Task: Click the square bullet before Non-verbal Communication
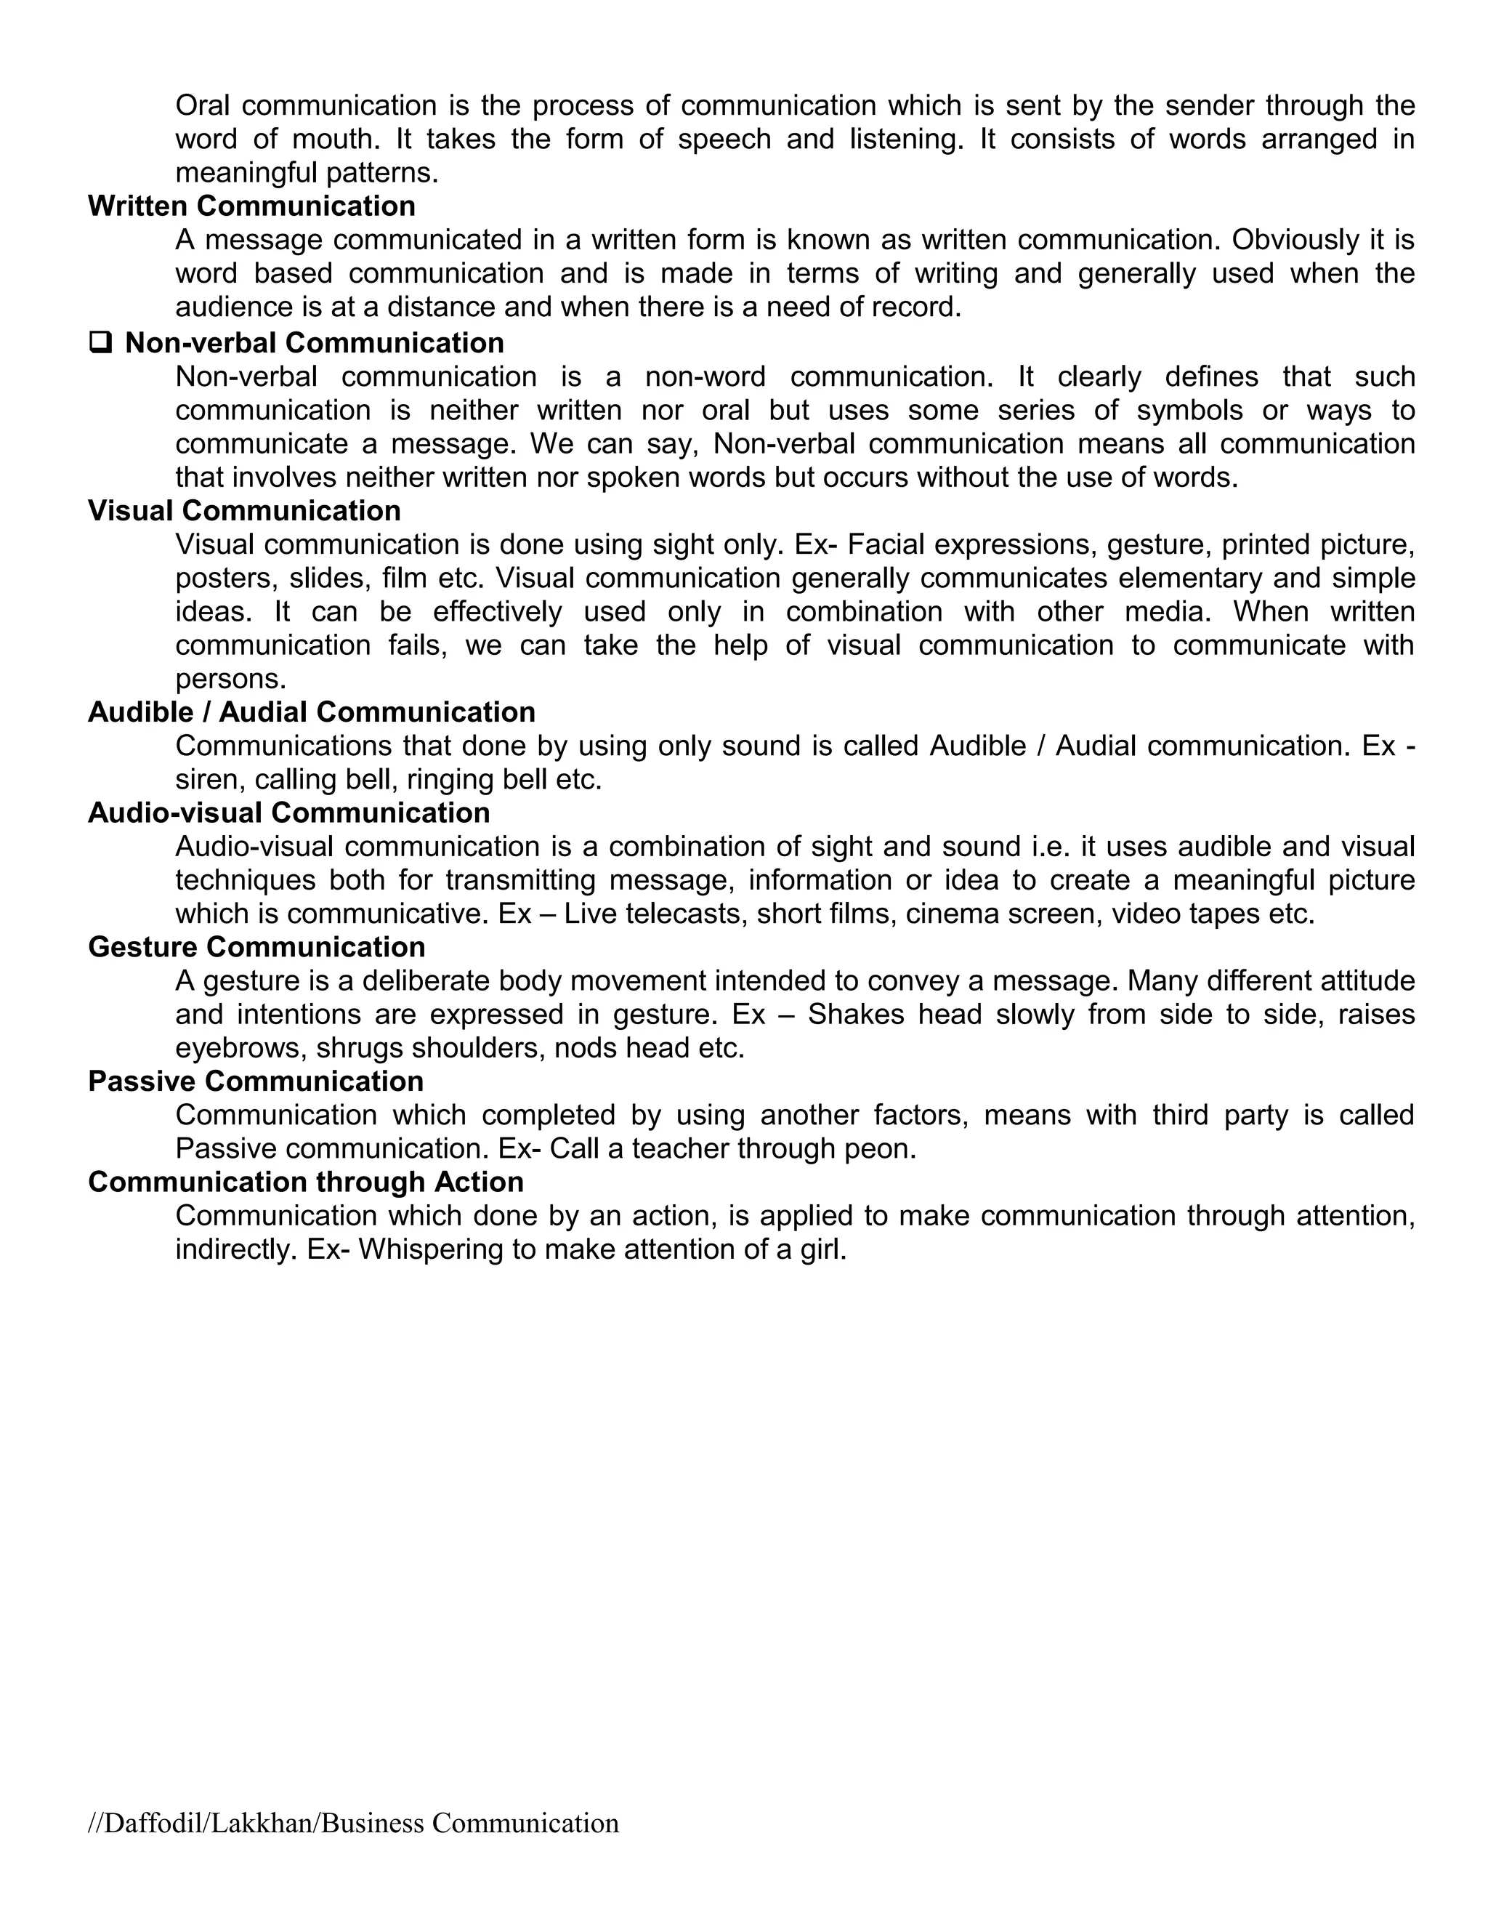[100, 342]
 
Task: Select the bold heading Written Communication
[251, 206]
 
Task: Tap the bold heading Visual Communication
[244, 511]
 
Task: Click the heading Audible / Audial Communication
[311, 712]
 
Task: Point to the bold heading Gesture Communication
[256, 947]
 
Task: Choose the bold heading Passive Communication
[256, 1081]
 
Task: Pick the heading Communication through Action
[306, 1182]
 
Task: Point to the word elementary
[1182, 579]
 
